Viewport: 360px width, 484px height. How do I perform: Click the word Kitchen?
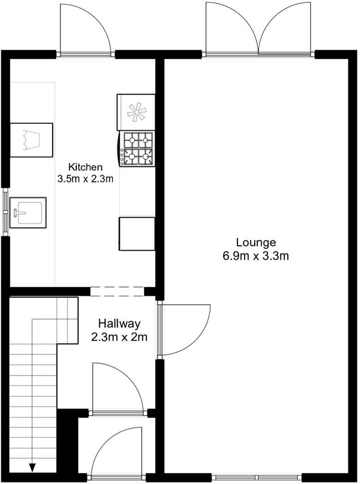tap(85, 167)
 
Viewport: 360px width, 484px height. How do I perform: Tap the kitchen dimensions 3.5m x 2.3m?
tap(85, 178)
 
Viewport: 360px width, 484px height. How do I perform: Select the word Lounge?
tap(256, 242)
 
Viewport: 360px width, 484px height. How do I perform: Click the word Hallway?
tap(119, 323)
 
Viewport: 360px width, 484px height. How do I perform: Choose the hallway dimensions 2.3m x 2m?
tap(119, 337)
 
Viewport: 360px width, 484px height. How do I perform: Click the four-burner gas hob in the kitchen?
tap(138, 149)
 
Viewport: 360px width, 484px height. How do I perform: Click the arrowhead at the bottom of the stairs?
tap(32, 467)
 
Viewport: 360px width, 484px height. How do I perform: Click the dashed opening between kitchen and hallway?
tap(117, 291)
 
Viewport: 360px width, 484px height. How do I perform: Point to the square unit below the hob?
tap(137, 234)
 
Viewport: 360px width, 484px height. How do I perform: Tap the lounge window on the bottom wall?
tap(257, 476)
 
